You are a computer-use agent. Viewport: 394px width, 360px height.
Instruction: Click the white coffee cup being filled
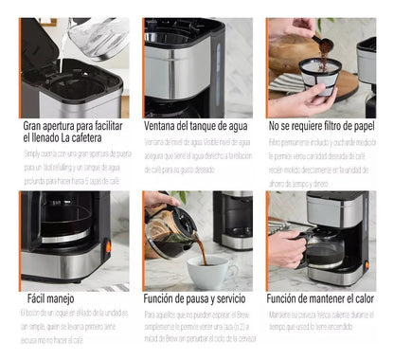(211, 270)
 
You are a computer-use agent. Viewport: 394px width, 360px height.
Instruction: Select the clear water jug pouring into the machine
(95, 38)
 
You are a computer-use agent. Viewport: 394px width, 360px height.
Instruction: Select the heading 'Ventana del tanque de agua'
(197, 125)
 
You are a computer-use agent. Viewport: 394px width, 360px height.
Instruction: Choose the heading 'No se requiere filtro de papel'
(322, 125)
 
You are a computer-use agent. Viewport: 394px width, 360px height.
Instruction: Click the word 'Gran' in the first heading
(33, 125)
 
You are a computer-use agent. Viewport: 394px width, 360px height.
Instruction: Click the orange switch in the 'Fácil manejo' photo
(107, 246)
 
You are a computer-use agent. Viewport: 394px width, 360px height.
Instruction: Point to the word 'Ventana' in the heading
(162, 125)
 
